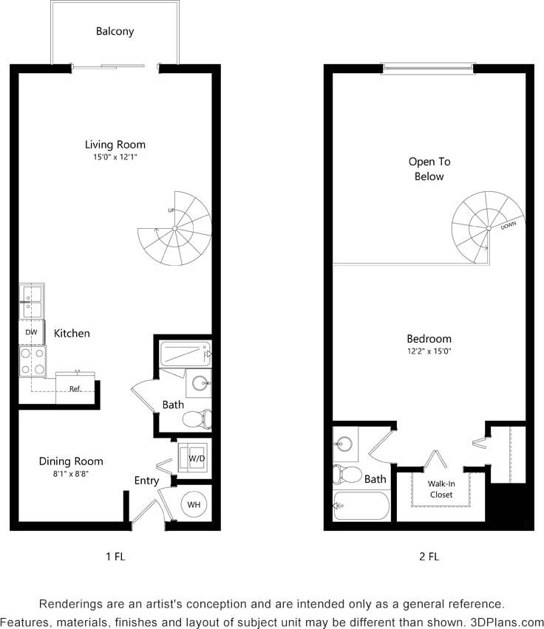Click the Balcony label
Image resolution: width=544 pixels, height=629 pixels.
[x=115, y=32]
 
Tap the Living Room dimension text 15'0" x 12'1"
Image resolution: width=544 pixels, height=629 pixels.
[x=115, y=157]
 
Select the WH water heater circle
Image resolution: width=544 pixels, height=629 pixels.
[x=194, y=504]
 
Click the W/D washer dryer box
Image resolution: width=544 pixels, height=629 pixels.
[x=196, y=458]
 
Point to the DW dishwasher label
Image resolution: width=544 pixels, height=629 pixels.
[x=31, y=332]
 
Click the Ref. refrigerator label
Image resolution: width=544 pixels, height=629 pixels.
[x=75, y=388]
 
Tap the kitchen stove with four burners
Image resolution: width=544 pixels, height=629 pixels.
[x=32, y=362]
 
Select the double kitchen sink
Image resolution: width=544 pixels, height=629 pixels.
[x=31, y=301]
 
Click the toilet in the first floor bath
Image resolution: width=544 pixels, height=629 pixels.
[x=196, y=419]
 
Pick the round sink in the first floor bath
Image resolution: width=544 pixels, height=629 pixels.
[x=198, y=383]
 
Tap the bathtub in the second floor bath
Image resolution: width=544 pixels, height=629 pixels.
[x=361, y=506]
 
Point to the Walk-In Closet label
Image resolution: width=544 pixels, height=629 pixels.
[x=441, y=489]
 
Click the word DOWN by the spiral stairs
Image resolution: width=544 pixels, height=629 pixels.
[x=508, y=226]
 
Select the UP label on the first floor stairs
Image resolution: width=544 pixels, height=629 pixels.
[x=171, y=210]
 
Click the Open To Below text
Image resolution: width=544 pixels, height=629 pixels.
[x=429, y=169]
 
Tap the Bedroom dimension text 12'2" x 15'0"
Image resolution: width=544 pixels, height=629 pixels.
[x=429, y=351]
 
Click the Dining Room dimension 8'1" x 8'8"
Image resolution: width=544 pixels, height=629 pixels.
[x=71, y=474]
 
